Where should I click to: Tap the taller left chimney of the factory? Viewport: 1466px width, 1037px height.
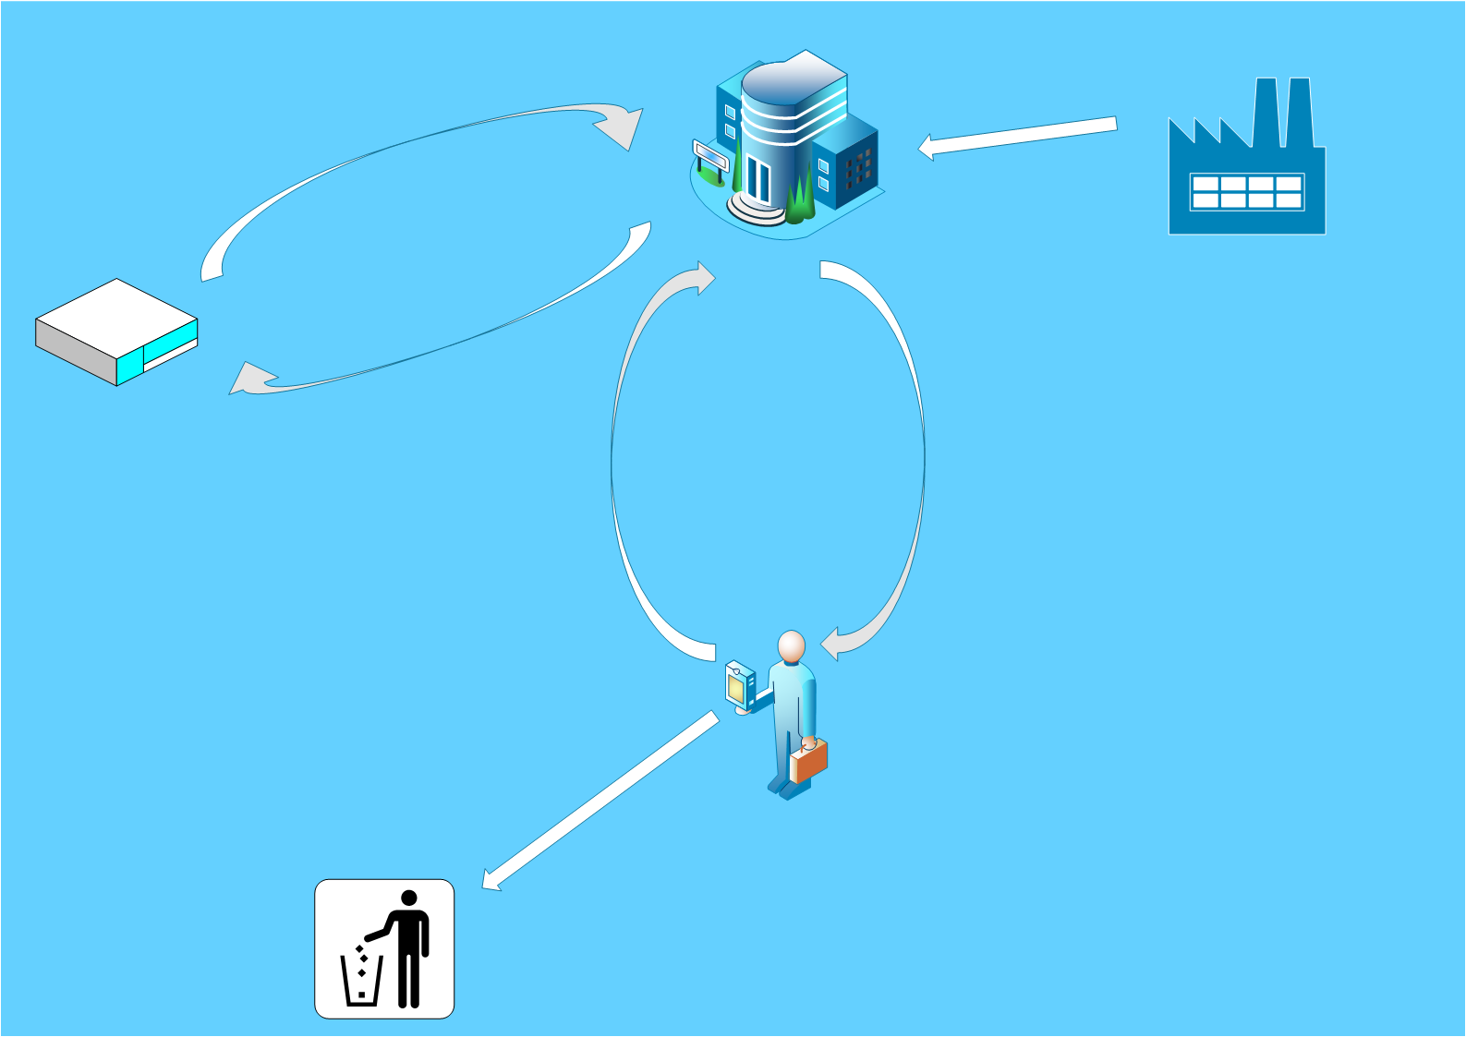pos(1266,111)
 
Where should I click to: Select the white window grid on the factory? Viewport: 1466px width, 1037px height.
pos(1246,192)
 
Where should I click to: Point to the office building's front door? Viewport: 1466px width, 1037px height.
pos(758,180)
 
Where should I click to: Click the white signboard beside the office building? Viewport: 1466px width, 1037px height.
pos(710,155)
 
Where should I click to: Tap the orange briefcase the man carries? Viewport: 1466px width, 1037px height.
pos(810,761)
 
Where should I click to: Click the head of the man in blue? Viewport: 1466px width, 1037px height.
pos(792,645)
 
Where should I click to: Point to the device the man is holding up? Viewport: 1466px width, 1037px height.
pos(738,686)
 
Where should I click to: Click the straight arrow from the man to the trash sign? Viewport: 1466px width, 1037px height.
pos(600,800)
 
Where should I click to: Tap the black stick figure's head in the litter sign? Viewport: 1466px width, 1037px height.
pos(409,898)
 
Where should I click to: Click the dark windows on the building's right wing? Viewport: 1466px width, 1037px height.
pos(858,168)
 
